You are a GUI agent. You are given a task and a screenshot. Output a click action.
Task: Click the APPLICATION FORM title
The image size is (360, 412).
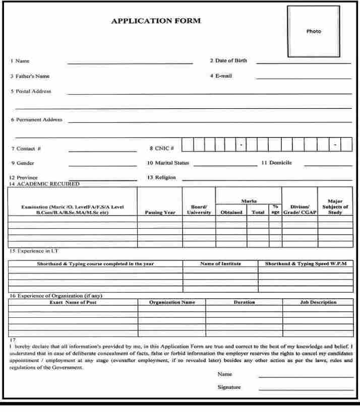tap(156, 21)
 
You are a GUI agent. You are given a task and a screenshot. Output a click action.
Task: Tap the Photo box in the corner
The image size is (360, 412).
tap(313, 31)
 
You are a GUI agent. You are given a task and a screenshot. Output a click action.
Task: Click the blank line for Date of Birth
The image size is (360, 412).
tap(304, 63)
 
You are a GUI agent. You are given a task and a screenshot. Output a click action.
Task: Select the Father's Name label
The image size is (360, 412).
tap(30, 77)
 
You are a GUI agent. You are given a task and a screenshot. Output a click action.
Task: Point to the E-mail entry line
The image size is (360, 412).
tap(304, 79)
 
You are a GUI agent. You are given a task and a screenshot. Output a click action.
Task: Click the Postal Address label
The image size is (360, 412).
tap(31, 92)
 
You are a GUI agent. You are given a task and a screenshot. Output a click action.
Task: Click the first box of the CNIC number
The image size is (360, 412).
tap(187, 145)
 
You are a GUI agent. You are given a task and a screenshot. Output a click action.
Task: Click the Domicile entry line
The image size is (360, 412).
tap(328, 165)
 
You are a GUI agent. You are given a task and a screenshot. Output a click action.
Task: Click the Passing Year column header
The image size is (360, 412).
tap(160, 213)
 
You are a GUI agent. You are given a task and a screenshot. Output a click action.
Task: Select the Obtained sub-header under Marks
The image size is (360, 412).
tap(232, 213)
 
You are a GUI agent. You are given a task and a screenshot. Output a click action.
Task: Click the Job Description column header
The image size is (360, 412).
tap(318, 302)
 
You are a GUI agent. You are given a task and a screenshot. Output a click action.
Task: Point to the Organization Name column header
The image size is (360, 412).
tap(172, 302)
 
